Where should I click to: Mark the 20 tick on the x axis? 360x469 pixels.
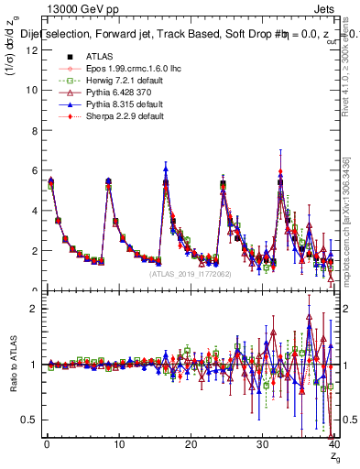(190, 444)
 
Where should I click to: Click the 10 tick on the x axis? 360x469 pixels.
(118, 444)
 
